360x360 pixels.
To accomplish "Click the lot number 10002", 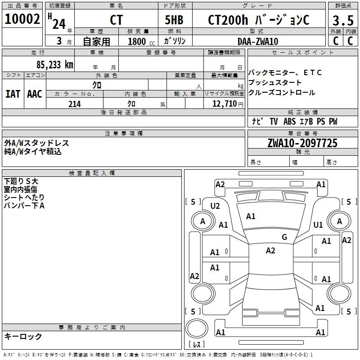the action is coord(22,19).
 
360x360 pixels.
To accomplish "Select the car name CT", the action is coord(116,20).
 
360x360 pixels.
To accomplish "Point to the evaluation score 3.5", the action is coord(342,21).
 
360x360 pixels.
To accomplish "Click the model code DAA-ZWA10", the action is coord(258,41).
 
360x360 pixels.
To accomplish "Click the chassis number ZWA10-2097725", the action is coord(302,143).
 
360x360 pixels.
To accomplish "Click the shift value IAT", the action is coord(13,94).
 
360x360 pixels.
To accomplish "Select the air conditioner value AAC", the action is coord(34,94).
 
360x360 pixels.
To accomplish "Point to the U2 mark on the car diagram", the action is coord(215,206).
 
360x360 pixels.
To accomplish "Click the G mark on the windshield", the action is coord(284,237).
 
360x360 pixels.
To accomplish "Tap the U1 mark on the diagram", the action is coord(318,225).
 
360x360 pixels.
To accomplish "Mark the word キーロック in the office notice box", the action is coord(23,337).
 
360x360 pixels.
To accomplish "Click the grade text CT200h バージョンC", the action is coord(258,20).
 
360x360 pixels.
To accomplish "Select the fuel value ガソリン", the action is coord(175,41).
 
